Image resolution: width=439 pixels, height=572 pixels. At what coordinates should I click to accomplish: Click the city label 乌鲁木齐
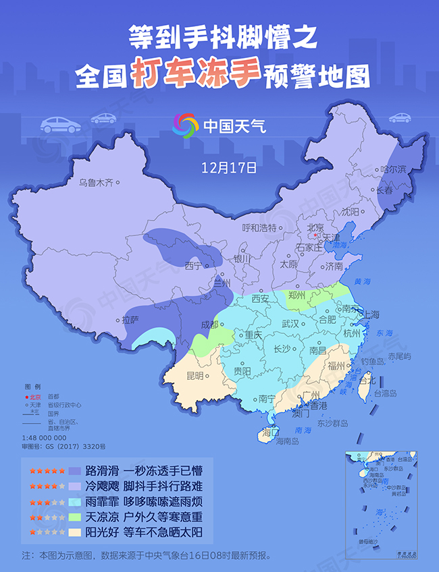tap(96, 182)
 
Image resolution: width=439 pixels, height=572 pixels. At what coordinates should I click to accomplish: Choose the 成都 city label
tap(210, 324)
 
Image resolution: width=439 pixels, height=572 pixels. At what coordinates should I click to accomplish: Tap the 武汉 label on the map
tap(290, 324)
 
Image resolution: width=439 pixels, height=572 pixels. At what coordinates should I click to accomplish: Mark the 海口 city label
tap(271, 432)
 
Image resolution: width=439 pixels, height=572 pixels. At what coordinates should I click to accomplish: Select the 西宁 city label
tap(193, 266)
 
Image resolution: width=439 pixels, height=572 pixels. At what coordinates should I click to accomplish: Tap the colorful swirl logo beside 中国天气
tap(185, 125)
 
